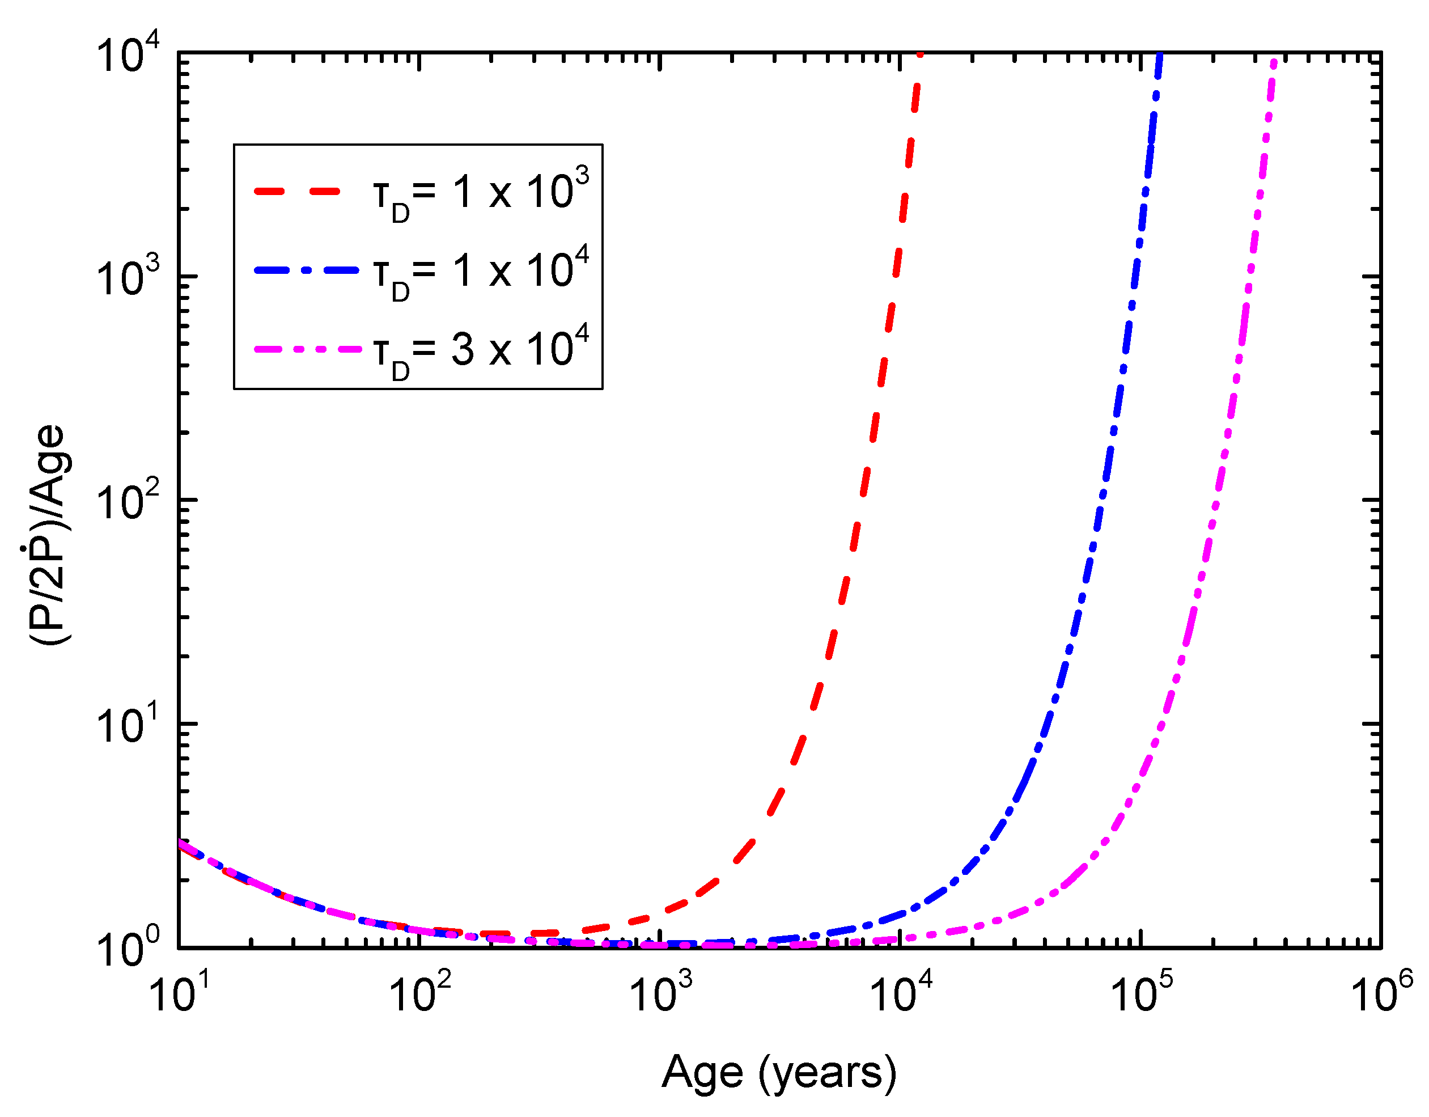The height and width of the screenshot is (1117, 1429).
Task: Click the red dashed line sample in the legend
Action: pyautogui.click(x=298, y=192)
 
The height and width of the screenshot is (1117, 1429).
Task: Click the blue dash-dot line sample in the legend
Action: pyautogui.click(x=306, y=270)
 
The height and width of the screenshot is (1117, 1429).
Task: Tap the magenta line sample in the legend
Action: pyautogui.click(x=306, y=349)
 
